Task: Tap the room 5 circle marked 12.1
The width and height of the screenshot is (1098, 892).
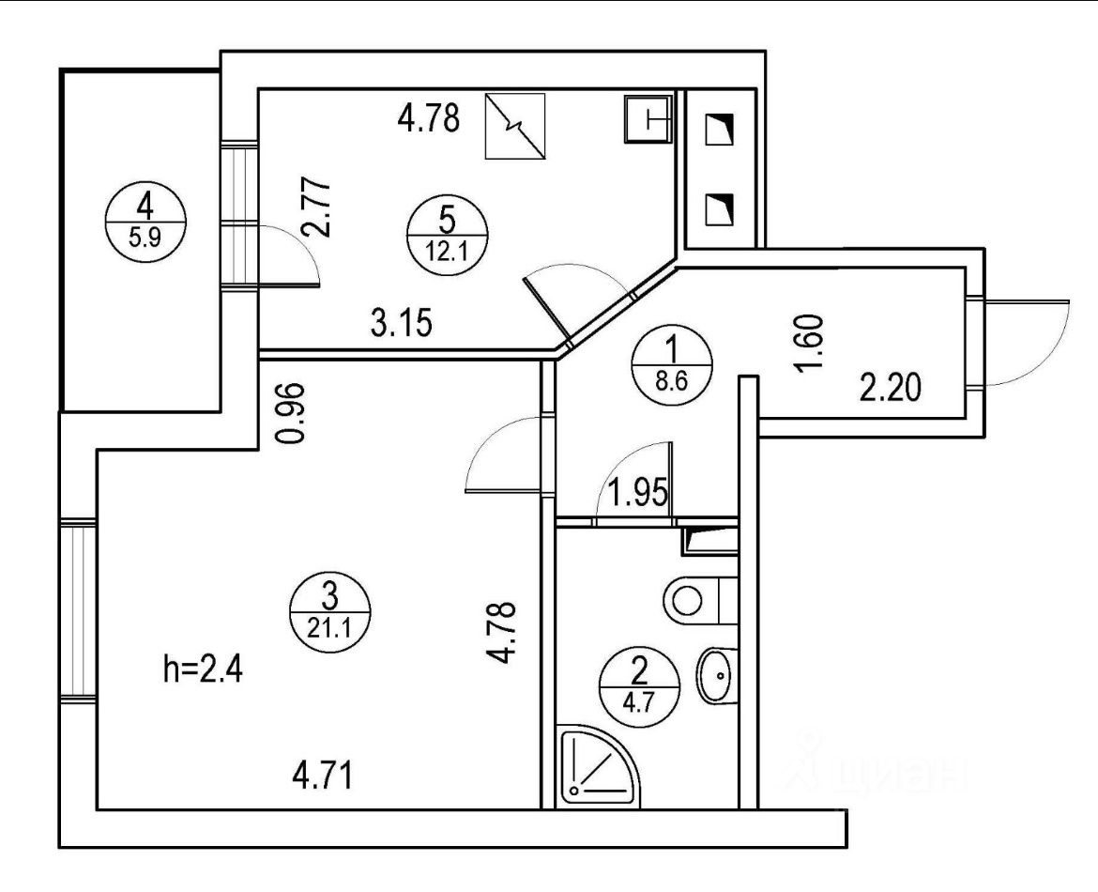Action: tap(447, 236)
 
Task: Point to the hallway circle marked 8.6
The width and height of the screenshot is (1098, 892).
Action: tap(670, 370)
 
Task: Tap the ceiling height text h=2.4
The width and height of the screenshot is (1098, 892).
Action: tap(203, 672)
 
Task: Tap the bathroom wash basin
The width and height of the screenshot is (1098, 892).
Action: tap(719, 671)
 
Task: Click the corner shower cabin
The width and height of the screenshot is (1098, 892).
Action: tap(595, 768)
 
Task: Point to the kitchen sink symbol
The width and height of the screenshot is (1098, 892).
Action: tap(648, 118)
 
